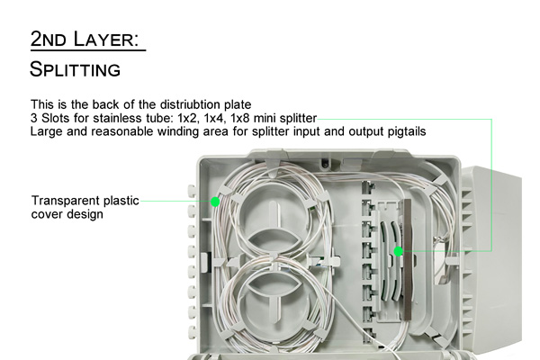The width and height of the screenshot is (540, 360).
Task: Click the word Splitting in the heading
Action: tap(75, 69)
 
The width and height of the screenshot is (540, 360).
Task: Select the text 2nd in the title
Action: tap(49, 39)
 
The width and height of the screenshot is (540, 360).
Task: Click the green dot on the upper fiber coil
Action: tap(214, 202)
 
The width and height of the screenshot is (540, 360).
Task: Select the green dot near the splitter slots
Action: tap(399, 252)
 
